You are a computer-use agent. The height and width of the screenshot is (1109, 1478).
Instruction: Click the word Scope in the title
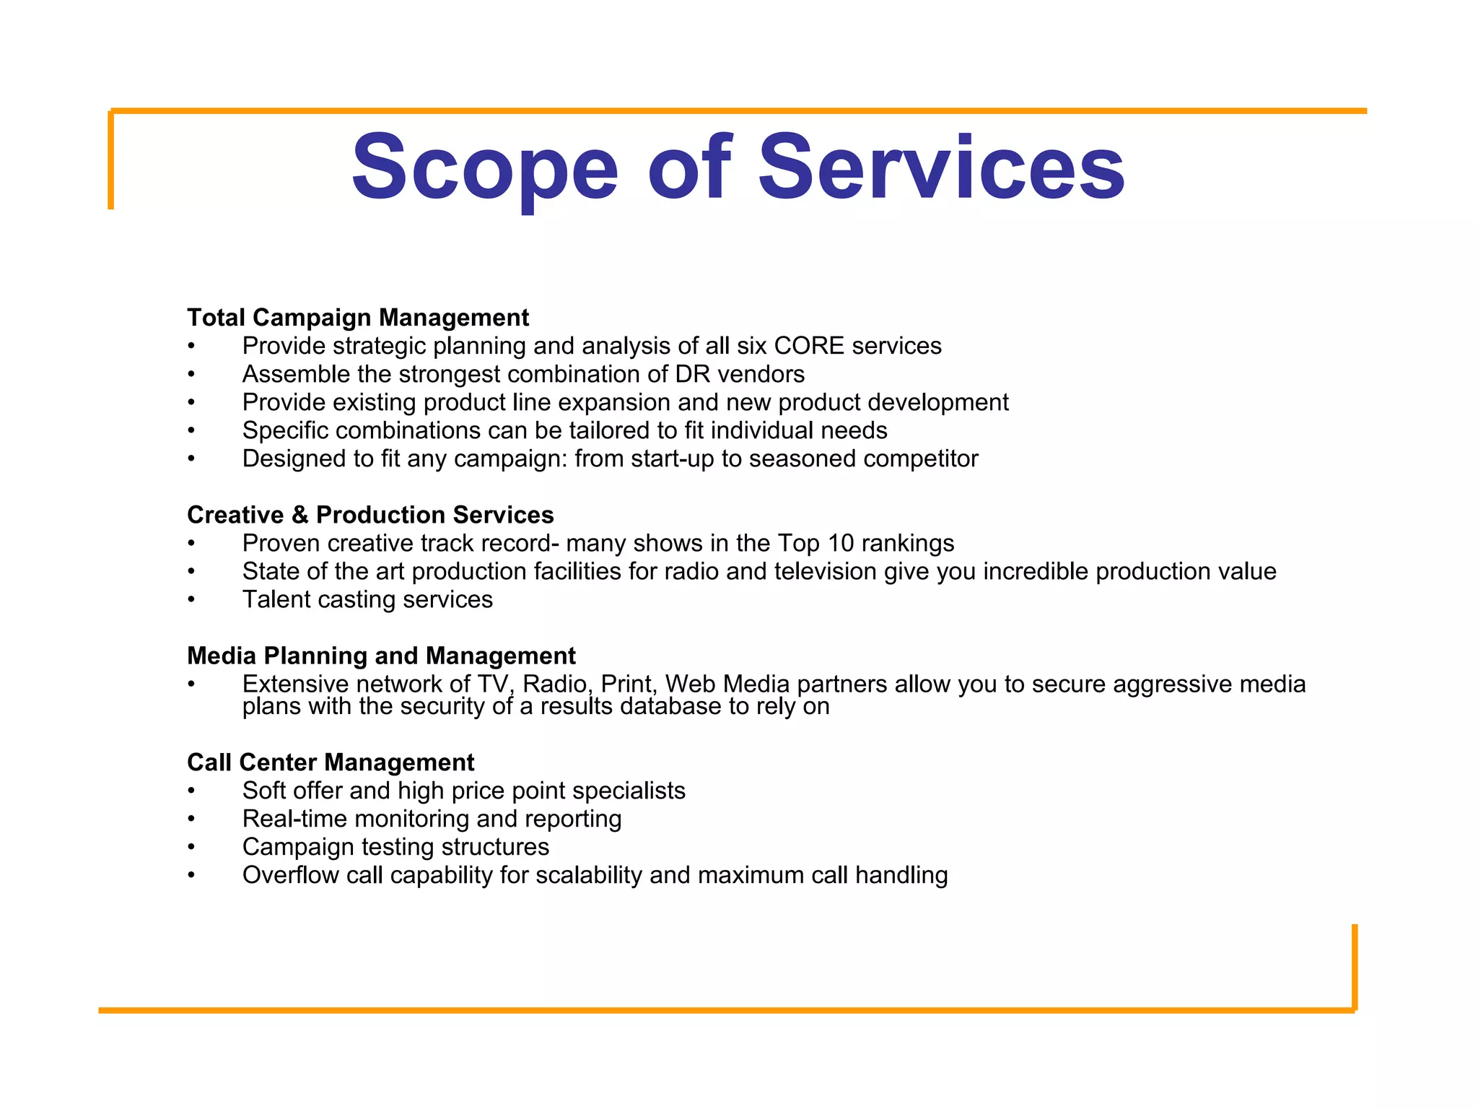pos(484,168)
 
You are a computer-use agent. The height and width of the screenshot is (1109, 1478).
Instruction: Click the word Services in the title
pos(941,168)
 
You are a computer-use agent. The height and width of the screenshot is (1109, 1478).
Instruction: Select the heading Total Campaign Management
pos(358,318)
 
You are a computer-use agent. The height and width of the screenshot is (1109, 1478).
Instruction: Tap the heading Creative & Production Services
pos(370,515)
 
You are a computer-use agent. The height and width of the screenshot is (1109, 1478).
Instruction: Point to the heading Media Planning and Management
pos(381,656)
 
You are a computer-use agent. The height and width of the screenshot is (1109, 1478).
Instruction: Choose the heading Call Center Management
pos(331,762)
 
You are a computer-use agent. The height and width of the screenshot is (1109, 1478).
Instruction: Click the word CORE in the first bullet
pos(808,346)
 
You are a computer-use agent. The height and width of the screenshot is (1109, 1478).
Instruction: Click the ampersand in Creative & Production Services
pos(299,515)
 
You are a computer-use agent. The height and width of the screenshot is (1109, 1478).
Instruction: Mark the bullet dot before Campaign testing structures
pos(191,848)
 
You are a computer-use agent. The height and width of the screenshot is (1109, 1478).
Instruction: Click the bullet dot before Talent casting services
pos(191,600)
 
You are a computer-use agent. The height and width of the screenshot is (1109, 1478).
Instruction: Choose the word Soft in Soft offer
pos(264,791)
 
